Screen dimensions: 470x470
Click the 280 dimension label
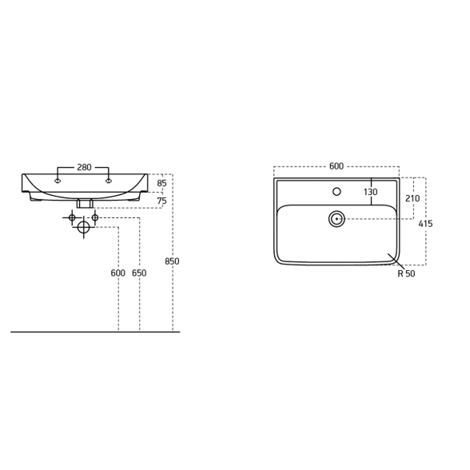pyautogui.click(x=84, y=167)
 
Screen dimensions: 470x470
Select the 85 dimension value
pyautogui.click(x=161, y=183)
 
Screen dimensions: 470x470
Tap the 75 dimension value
pyautogui.click(x=161, y=201)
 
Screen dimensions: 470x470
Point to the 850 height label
pyautogui.click(x=172, y=261)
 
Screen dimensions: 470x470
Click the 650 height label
pyautogui.click(x=139, y=273)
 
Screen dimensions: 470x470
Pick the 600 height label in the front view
pyautogui.click(x=118, y=273)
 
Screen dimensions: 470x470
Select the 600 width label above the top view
pyautogui.click(x=337, y=166)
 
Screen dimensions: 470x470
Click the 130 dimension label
pyautogui.click(x=371, y=192)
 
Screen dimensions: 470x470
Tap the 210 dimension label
pyautogui.click(x=412, y=198)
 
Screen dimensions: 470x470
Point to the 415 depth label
pyautogui.click(x=425, y=224)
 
